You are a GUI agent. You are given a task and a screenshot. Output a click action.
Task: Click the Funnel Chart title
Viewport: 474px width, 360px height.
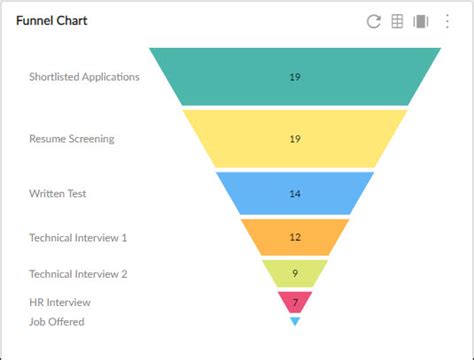point(51,21)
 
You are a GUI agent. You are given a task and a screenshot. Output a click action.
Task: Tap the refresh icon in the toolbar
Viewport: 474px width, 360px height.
point(374,22)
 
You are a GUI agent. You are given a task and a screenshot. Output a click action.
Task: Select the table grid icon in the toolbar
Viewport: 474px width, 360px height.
point(397,22)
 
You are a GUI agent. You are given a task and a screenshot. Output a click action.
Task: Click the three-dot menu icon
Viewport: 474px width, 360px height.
point(447,22)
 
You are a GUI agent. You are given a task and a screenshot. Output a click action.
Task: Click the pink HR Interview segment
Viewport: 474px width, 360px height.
point(295,301)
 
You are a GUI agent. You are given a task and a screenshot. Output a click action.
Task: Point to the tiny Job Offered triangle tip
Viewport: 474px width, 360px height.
point(295,321)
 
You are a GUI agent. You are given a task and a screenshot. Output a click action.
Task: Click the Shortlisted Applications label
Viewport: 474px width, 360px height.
point(84,77)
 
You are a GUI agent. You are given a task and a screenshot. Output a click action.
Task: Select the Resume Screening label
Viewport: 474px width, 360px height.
point(71,139)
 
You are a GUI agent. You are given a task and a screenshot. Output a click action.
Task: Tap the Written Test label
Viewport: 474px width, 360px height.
point(58,194)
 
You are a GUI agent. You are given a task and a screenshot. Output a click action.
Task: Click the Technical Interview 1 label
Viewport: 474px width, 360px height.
point(78,238)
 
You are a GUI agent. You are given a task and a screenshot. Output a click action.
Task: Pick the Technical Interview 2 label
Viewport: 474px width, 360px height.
point(78,273)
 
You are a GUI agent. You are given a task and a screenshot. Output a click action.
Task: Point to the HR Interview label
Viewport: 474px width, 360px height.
point(60,302)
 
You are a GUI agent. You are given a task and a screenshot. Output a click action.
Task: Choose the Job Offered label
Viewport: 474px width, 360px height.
point(57,321)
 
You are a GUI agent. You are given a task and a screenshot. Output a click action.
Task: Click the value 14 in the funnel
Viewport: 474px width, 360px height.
point(295,194)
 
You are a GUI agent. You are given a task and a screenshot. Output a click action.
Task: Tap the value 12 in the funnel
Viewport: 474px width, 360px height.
point(295,237)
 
